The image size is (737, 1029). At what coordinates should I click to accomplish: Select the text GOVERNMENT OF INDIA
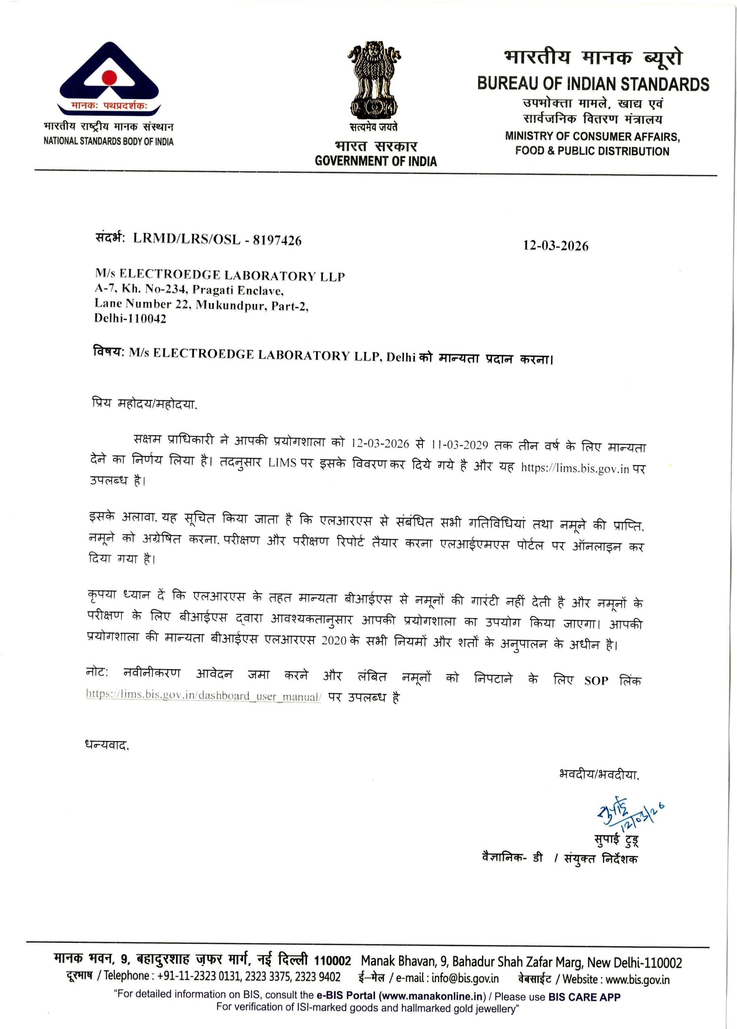375,161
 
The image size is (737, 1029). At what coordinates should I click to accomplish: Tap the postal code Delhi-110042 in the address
130,318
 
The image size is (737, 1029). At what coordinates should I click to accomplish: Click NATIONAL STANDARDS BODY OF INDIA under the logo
108,141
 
